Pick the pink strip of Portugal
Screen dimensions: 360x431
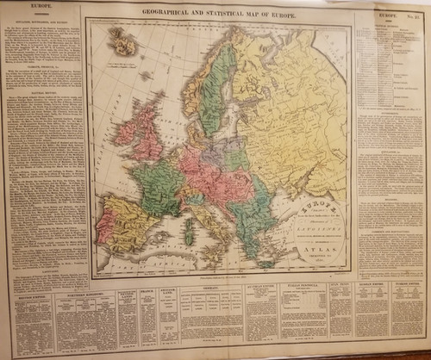point(103,229)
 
